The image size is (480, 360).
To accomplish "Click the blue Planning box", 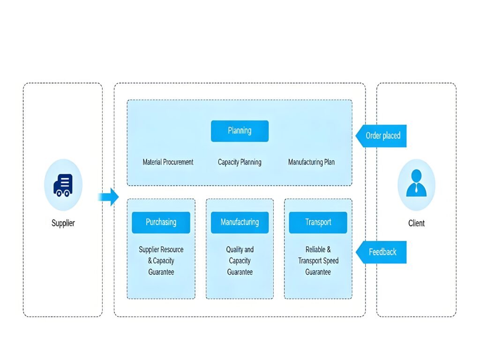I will [240, 131].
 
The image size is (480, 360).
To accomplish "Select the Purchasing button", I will [161, 222].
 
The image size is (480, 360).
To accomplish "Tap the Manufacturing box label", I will [240, 222].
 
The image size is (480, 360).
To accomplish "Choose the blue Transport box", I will [318, 222].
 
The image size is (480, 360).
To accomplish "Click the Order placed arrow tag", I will [381, 136].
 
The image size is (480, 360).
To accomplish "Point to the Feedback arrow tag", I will [381, 252].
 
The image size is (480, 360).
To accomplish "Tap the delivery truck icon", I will [63, 185].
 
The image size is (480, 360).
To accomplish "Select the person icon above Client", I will [416, 184].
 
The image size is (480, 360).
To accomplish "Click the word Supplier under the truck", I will [63, 223].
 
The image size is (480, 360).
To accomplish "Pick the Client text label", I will [416, 223].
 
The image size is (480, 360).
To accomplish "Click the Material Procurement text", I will [168, 162].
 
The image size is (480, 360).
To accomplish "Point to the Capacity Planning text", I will [240, 162].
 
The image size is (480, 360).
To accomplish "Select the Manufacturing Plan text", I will [311, 162].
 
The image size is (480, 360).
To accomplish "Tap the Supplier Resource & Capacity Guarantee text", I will [161, 261].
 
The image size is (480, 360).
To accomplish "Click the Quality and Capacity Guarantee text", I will [240, 261].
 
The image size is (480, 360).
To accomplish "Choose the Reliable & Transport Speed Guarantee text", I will [318, 261].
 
